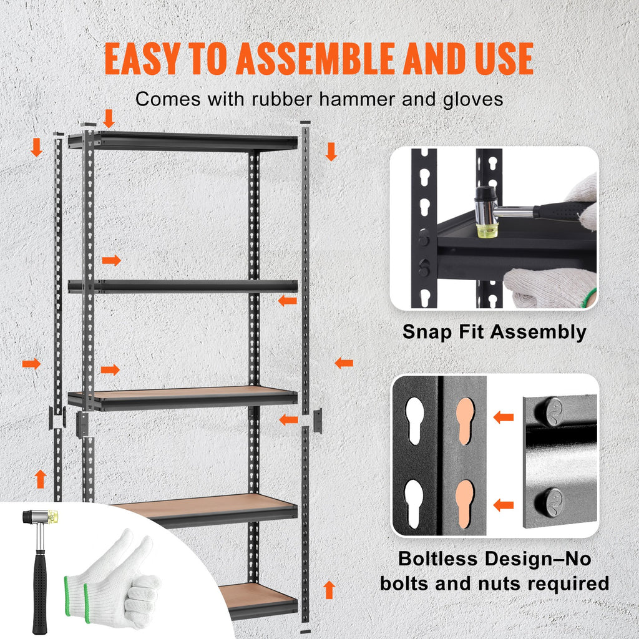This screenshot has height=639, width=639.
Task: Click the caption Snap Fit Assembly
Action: point(494,331)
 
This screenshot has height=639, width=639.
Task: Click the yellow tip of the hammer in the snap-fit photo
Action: point(485,230)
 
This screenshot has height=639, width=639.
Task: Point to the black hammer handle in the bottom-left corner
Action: point(41,587)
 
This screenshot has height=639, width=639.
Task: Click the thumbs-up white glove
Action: point(125,577)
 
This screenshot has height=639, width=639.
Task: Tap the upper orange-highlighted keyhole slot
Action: point(464,421)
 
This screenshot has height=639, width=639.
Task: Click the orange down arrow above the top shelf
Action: point(109,118)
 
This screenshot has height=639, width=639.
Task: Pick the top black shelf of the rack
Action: point(187,142)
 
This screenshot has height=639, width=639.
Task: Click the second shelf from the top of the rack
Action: point(187,286)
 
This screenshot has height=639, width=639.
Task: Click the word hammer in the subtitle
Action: point(339,99)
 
